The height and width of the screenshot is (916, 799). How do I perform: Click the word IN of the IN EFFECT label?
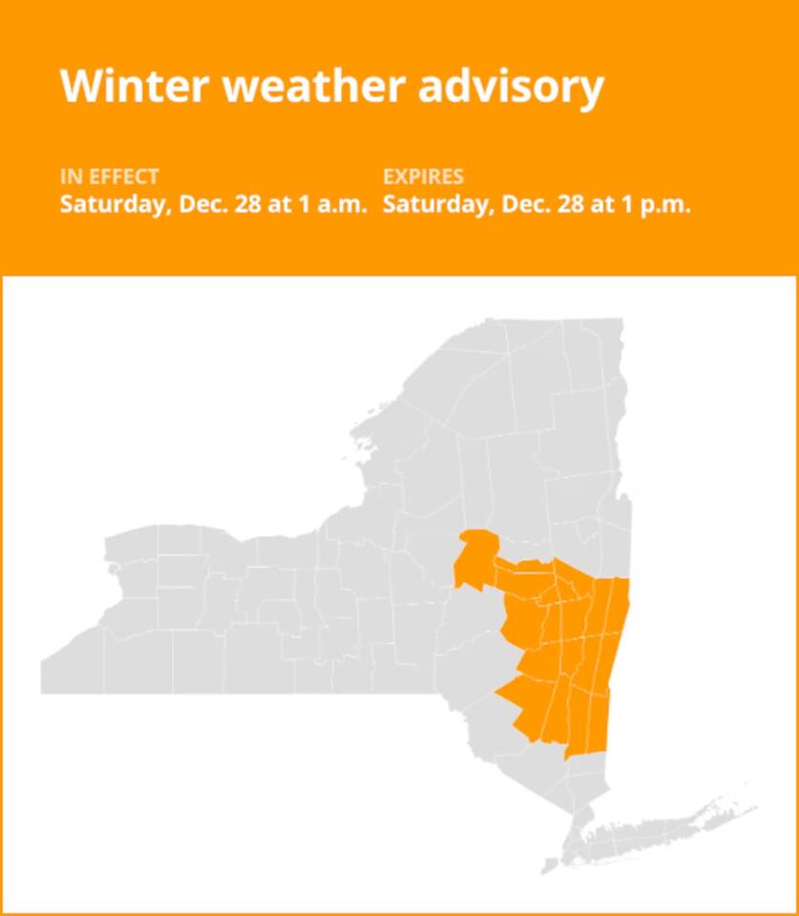tap(70, 177)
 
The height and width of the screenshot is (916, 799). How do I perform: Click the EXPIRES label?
tap(423, 177)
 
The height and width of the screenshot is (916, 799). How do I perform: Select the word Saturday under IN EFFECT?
tap(108, 204)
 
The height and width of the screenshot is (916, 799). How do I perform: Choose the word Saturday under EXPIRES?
tap(431, 204)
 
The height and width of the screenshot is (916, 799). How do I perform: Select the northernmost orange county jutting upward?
tap(475, 553)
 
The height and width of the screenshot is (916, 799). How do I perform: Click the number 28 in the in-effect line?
tap(247, 204)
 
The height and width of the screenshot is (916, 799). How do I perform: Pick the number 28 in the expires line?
tap(570, 204)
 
